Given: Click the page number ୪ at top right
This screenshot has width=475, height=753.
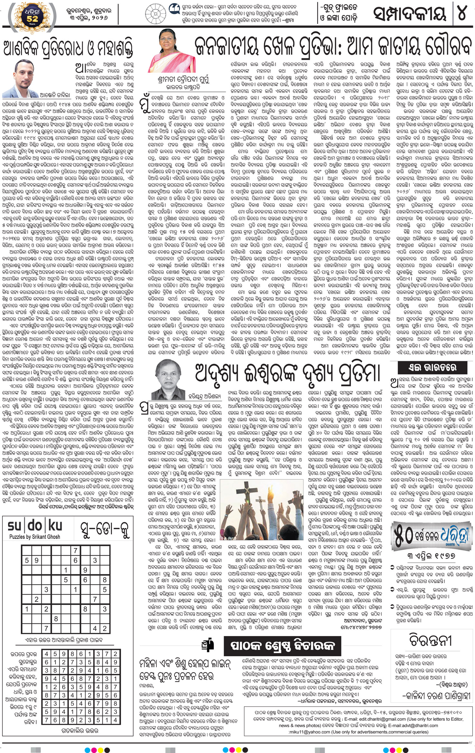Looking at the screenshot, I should pyautogui.click(x=462, y=14).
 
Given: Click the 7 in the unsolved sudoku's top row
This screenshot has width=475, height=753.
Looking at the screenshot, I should pyautogui.click(x=75, y=551).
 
